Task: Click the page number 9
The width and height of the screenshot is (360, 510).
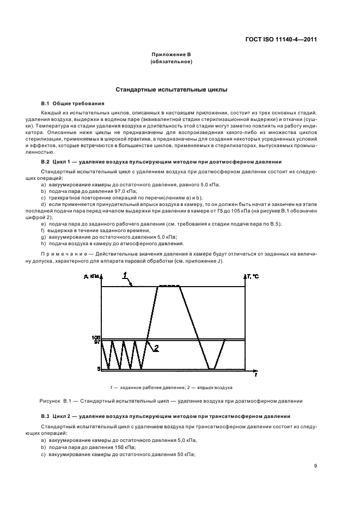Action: [x=316, y=465]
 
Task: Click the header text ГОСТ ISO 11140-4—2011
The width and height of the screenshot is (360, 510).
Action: [x=282, y=40]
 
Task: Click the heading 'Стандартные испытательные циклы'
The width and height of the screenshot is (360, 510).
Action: [x=172, y=89]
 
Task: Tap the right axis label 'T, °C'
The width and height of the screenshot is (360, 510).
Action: [x=252, y=277]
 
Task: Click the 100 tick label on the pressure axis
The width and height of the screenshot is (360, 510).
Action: [x=96, y=338]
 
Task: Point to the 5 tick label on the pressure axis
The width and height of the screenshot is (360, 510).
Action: [x=99, y=369]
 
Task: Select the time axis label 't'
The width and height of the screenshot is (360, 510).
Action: [x=255, y=376]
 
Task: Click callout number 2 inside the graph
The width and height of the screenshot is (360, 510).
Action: [x=156, y=349]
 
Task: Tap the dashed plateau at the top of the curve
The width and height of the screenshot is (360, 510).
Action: [x=169, y=286]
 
